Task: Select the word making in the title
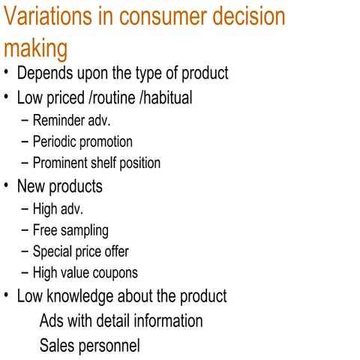(35, 49)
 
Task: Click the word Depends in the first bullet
(44, 73)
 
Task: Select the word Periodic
(58, 141)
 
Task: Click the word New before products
(31, 185)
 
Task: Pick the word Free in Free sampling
(46, 230)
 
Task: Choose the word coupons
(114, 273)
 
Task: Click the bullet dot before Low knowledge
(7, 295)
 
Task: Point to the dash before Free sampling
(25, 230)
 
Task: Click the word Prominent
(62, 163)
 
